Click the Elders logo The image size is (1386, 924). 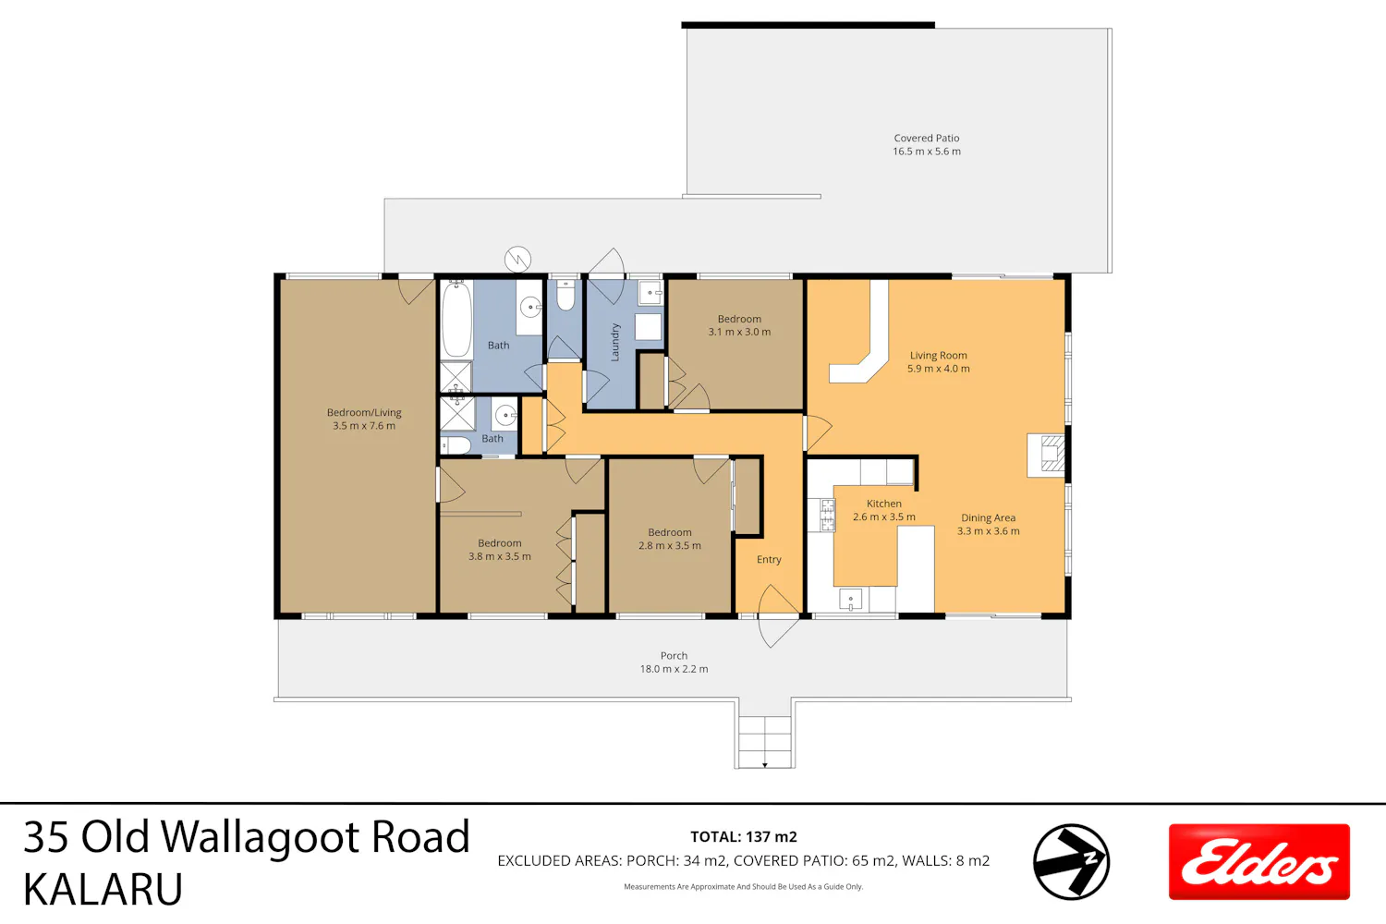tap(1258, 861)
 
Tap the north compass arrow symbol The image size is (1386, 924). tap(1071, 861)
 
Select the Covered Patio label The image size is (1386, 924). tap(926, 145)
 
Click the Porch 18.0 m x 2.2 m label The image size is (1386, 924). tap(674, 663)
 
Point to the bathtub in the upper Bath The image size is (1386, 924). tap(456, 319)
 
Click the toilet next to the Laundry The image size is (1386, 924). tap(565, 296)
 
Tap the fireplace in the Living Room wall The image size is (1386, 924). tap(1046, 456)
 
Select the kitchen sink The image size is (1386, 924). tap(851, 600)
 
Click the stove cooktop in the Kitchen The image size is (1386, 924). tap(827, 515)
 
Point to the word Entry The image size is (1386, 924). tap(769, 559)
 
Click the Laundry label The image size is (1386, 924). tap(615, 342)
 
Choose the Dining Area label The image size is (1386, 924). tap(988, 524)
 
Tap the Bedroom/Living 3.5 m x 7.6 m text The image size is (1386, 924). tap(364, 419)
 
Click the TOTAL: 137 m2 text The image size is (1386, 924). tap(744, 837)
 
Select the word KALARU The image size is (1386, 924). tap(103, 889)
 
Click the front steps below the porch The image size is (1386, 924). tap(765, 742)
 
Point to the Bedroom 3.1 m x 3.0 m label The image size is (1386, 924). tap(739, 325)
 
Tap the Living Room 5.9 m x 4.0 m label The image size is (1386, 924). tap(939, 362)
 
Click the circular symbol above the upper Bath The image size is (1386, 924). tap(517, 260)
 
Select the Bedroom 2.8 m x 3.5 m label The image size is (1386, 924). tap(670, 539)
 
